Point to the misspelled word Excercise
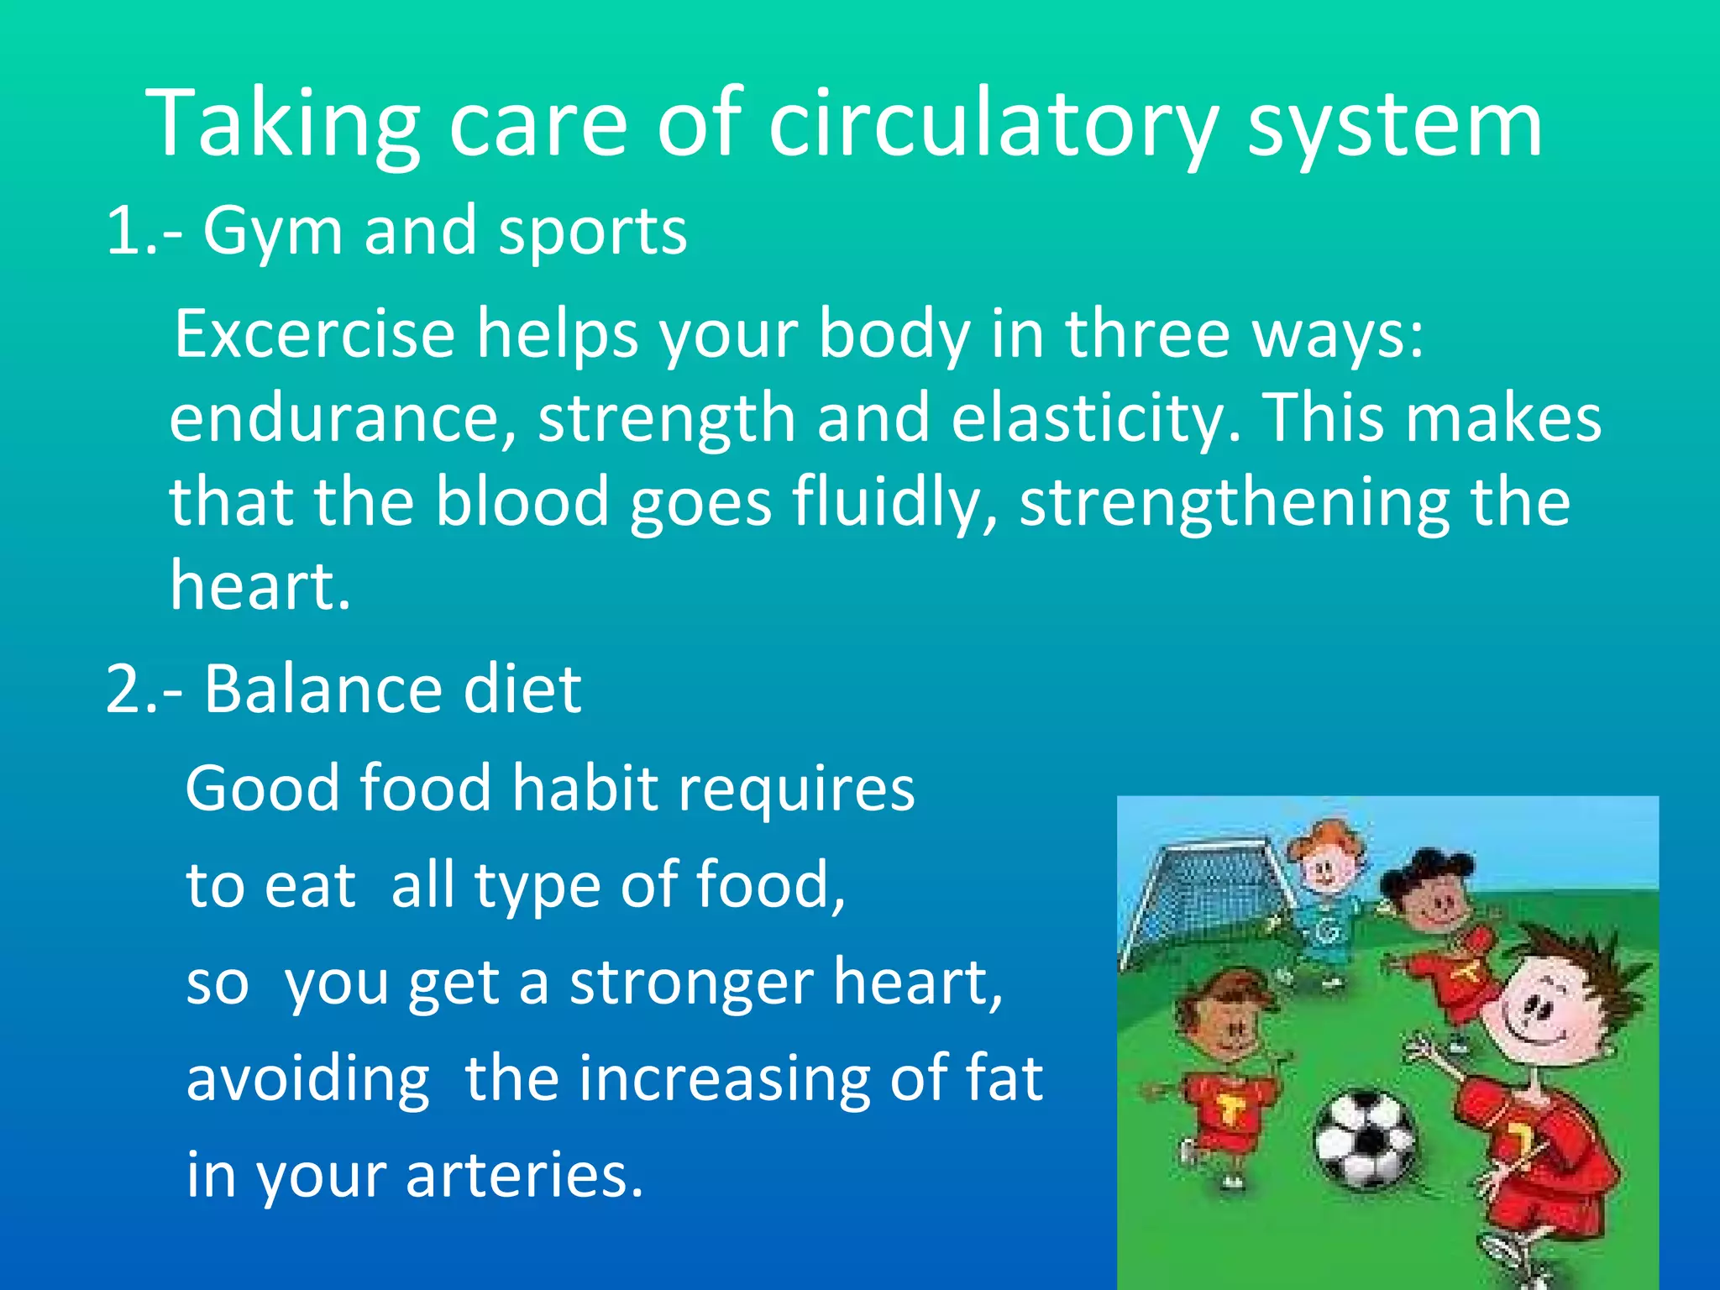click(314, 334)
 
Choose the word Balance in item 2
click(322, 690)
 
